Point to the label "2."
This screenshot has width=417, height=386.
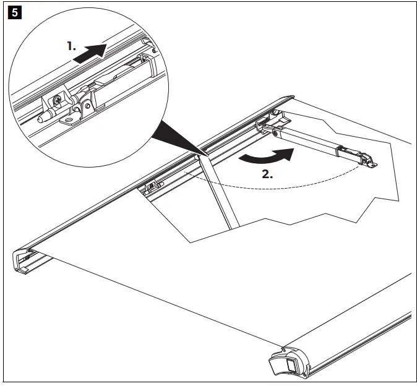tap(267, 174)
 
